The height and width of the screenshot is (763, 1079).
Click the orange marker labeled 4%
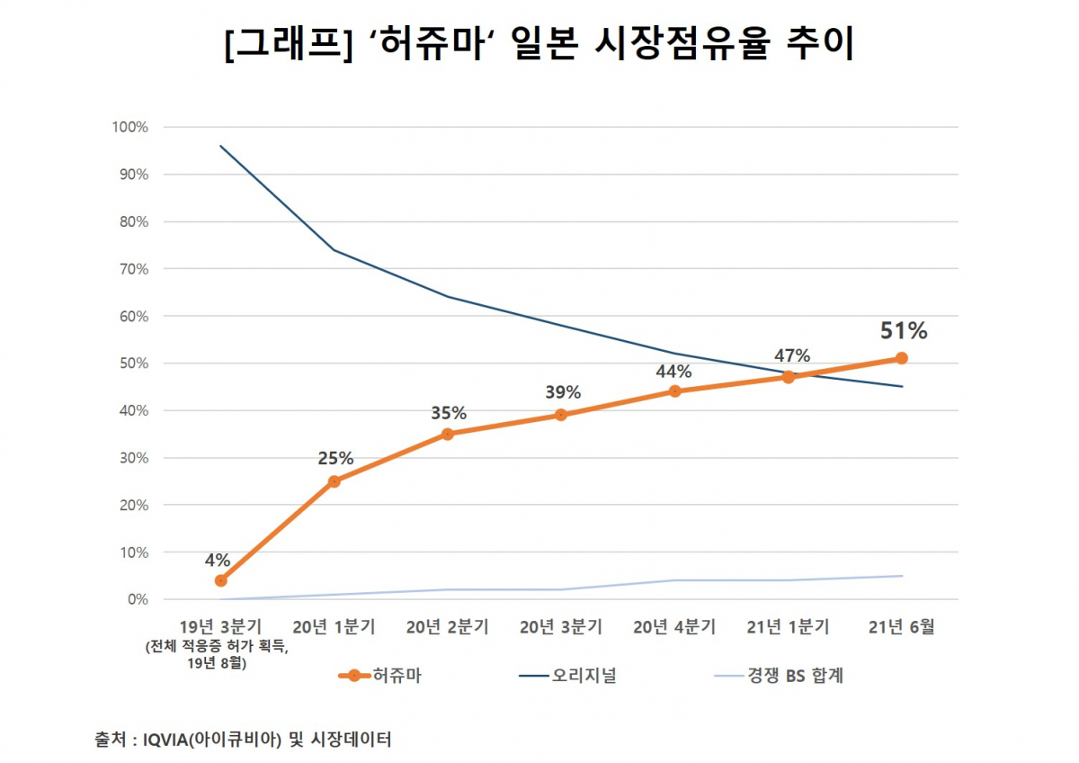tap(221, 580)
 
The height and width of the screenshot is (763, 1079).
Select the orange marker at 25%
tap(334, 481)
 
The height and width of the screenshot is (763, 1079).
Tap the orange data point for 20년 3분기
tap(561, 415)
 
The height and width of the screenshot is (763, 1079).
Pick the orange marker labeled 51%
tap(902, 358)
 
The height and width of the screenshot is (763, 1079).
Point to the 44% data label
tap(673, 371)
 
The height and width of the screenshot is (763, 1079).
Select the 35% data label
tap(448, 413)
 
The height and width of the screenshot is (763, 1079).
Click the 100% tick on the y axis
tap(129, 127)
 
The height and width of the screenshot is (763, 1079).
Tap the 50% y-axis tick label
tap(132, 364)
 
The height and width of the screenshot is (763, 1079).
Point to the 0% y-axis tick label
tap(136, 599)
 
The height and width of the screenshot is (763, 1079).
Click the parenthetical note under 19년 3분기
tap(221, 654)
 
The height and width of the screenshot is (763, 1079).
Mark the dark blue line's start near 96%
tap(221, 146)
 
